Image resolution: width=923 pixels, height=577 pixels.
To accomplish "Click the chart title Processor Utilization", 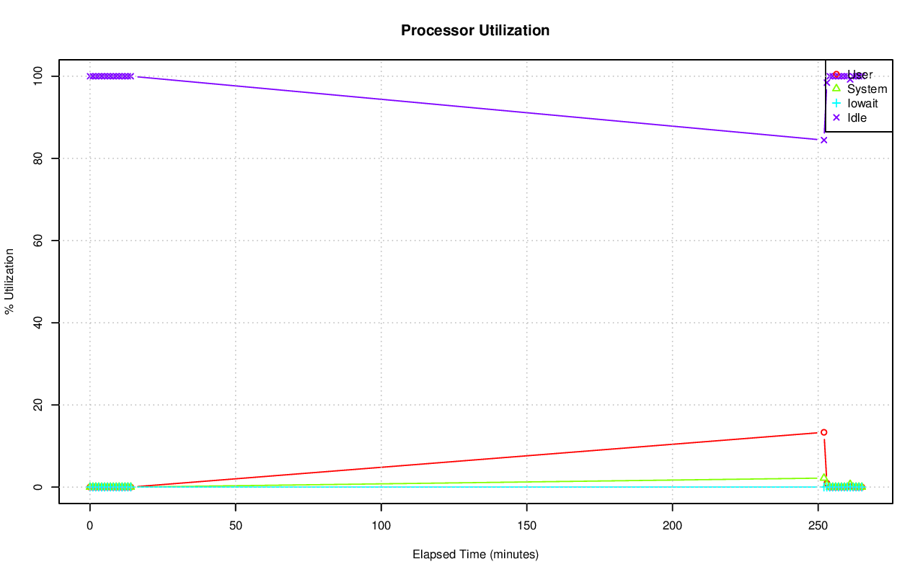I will click(475, 30).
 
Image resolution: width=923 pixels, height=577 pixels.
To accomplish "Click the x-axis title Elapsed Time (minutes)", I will click(475, 555).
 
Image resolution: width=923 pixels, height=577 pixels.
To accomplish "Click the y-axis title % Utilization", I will click(9, 281).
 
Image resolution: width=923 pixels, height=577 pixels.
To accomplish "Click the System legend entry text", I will click(867, 89).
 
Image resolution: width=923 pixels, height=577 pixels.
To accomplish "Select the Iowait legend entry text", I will click(862, 104).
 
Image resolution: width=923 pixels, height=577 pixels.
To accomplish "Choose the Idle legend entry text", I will click(857, 118).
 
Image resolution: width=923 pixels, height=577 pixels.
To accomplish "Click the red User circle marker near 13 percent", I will click(823, 432).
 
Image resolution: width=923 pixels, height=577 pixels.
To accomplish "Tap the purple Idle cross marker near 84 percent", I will click(823, 140).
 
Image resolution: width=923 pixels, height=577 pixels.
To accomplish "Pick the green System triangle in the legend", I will click(836, 89).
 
